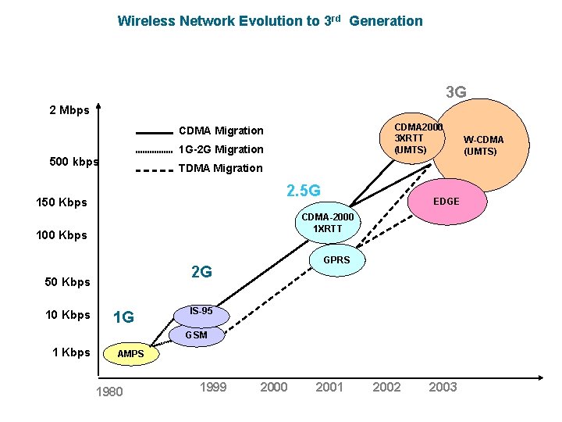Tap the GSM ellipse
[x=197, y=335]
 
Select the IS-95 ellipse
[x=201, y=313]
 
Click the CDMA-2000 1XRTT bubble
[x=327, y=222]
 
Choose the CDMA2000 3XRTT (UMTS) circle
[x=416, y=138]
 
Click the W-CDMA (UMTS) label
[x=483, y=145]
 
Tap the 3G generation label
[x=456, y=93]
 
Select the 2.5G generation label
[x=303, y=190]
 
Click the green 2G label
[x=202, y=272]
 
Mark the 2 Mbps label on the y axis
[x=69, y=110]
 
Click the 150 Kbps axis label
[x=62, y=203]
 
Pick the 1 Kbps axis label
[x=71, y=352]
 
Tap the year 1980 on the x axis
[x=108, y=392]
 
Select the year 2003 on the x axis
[x=443, y=387]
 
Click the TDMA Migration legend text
[x=221, y=168]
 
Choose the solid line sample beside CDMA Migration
[x=154, y=131]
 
